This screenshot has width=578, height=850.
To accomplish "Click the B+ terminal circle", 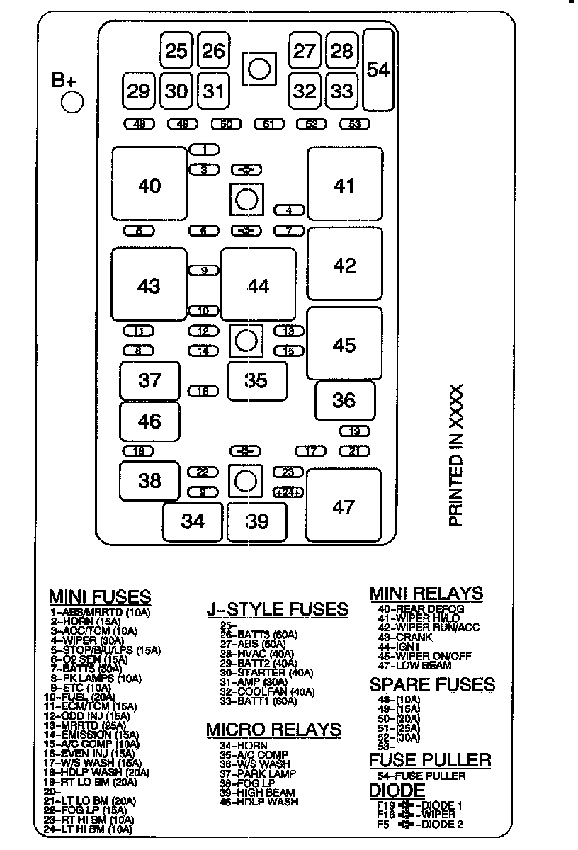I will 72,102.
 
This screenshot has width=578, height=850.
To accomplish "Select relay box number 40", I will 149,186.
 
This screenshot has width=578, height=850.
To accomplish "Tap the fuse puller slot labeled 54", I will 379,70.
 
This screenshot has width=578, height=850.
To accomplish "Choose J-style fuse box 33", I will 342,91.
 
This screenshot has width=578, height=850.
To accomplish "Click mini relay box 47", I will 344,507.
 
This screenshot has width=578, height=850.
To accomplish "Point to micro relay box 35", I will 256,380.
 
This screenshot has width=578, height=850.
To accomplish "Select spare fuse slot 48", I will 139,124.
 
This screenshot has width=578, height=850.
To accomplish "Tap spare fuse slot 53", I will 355,124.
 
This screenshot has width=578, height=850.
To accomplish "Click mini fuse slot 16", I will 203,391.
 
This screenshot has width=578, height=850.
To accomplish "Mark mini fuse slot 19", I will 355,431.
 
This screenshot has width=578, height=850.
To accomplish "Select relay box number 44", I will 258,285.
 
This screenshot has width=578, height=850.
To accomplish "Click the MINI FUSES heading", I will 100,596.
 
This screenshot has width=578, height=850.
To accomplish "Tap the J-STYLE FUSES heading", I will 277,609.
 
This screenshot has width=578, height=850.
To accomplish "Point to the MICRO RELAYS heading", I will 273,730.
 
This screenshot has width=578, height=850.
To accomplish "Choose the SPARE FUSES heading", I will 432,684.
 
